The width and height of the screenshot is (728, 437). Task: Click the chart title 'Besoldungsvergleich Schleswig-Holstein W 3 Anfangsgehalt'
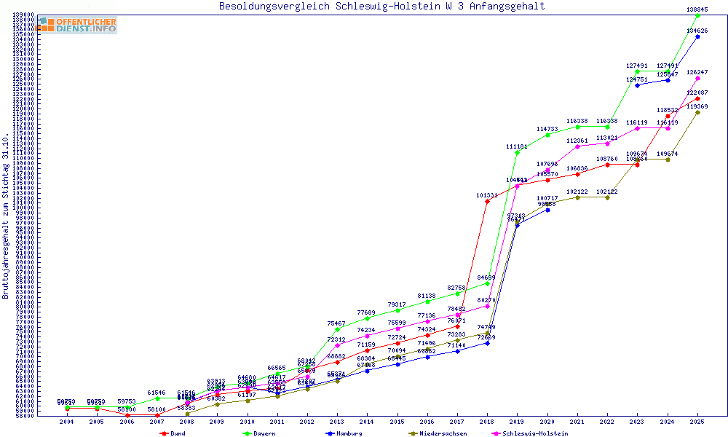pyautogui.click(x=381, y=7)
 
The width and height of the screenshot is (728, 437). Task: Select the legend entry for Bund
pyautogui.click(x=173, y=433)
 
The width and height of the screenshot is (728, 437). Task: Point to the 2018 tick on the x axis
pyautogui.click(x=487, y=421)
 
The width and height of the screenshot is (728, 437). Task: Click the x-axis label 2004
pyautogui.click(x=67, y=421)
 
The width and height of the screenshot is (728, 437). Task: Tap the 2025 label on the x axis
pyautogui.click(x=697, y=421)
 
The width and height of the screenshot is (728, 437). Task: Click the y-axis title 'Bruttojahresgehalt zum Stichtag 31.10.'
pyautogui.click(x=6, y=216)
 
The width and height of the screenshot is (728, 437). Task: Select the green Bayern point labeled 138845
pyautogui.click(x=697, y=15)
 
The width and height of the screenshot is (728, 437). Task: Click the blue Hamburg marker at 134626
pyautogui.click(x=697, y=36)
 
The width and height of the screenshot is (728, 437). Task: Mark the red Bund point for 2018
pyautogui.click(x=487, y=201)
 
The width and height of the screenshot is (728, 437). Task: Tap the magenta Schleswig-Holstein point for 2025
pyautogui.click(x=697, y=78)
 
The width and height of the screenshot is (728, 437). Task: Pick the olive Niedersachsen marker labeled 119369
pyautogui.click(x=697, y=112)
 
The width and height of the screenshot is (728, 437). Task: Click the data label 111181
pyautogui.click(x=517, y=146)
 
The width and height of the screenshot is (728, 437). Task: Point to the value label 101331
pyautogui.click(x=487, y=195)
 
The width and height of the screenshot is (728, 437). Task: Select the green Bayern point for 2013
pyautogui.click(x=336, y=329)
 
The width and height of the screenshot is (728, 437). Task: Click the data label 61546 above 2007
pyautogui.click(x=157, y=393)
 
